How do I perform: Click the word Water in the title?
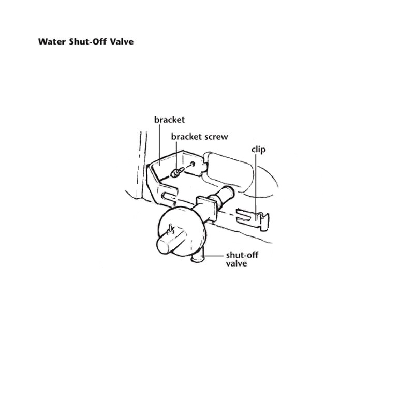pos(50,41)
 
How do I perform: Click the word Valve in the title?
pos(122,41)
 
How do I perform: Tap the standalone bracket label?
pos(169,120)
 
